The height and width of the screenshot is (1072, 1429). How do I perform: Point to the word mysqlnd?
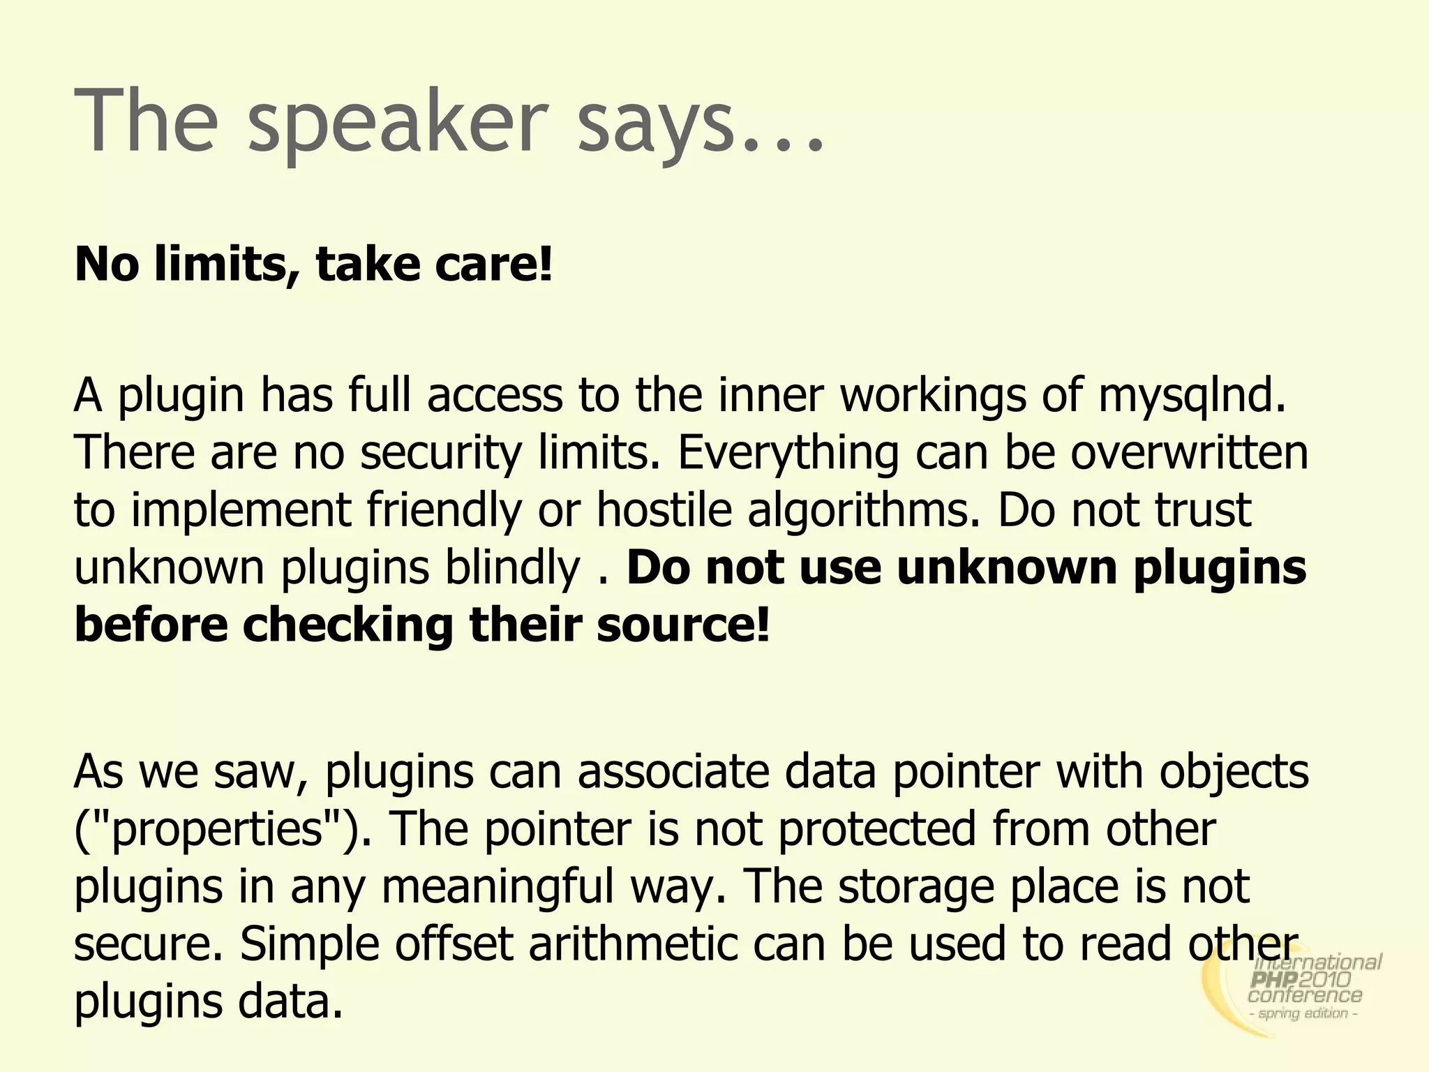point(1192,395)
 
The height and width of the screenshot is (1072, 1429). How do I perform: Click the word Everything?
point(788,452)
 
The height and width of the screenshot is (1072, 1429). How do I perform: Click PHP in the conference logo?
point(1275,981)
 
